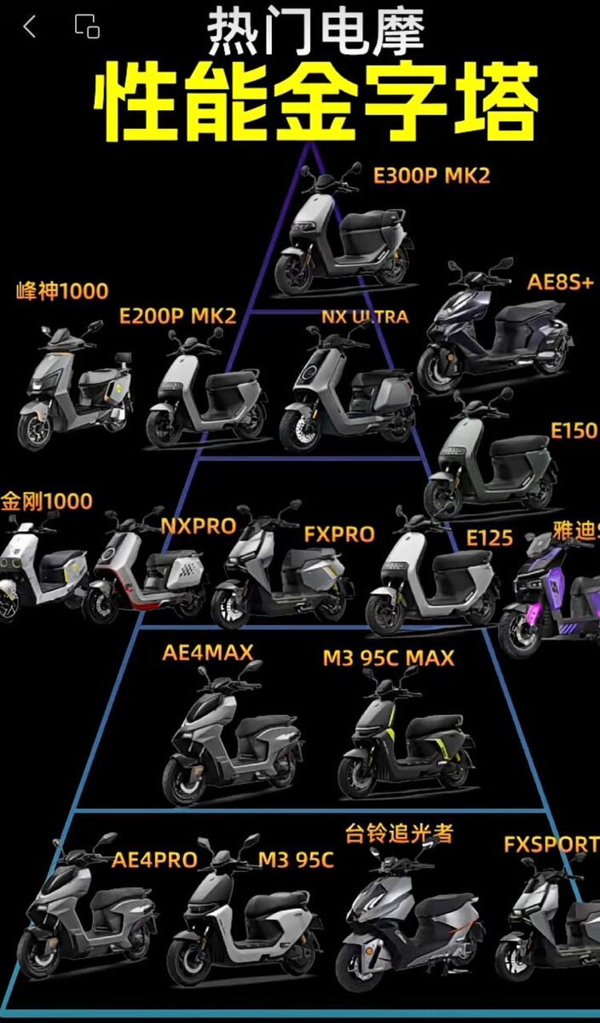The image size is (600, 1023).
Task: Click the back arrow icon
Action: click(x=30, y=27)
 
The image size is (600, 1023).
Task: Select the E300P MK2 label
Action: click(x=432, y=176)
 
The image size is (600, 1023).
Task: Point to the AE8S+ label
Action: click(x=560, y=283)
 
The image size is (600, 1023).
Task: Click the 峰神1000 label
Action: click(x=62, y=292)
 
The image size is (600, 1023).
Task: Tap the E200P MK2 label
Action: click(x=177, y=315)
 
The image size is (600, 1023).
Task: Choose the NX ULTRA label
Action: click(x=364, y=316)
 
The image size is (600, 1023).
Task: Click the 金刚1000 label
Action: click(x=47, y=501)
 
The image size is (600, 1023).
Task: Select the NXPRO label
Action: click(x=199, y=526)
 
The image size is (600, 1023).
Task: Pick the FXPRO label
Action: click(x=339, y=535)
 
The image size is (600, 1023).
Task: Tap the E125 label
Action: click(x=489, y=538)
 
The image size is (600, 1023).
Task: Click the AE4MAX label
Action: click(x=208, y=653)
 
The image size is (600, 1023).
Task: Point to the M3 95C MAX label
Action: click(x=388, y=658)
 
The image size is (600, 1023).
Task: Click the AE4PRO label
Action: click(x=154, y=859)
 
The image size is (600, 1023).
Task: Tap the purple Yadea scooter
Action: click(x=551, y=592)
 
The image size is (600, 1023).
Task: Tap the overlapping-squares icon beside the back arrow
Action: click(x=87, y=27)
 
